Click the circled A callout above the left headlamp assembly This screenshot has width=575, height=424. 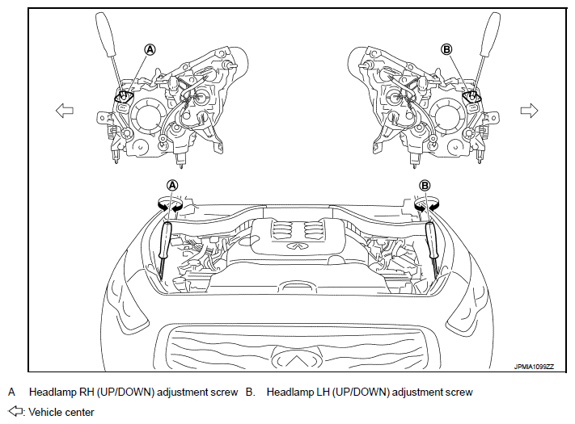point(150,49)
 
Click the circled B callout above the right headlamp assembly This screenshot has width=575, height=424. point(446,49)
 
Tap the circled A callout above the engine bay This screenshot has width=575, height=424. point(172,185)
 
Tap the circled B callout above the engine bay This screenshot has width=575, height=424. point(425,185)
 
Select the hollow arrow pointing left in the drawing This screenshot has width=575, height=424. point(65,110)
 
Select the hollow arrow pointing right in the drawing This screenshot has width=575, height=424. point(529,110)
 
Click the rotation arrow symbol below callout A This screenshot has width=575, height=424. point(170,204)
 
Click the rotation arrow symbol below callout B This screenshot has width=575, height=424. point(427,204)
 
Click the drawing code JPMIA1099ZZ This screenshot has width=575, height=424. point(534,367)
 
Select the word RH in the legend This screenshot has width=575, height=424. point(87,393)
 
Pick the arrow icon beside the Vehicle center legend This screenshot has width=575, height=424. point(15,411)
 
